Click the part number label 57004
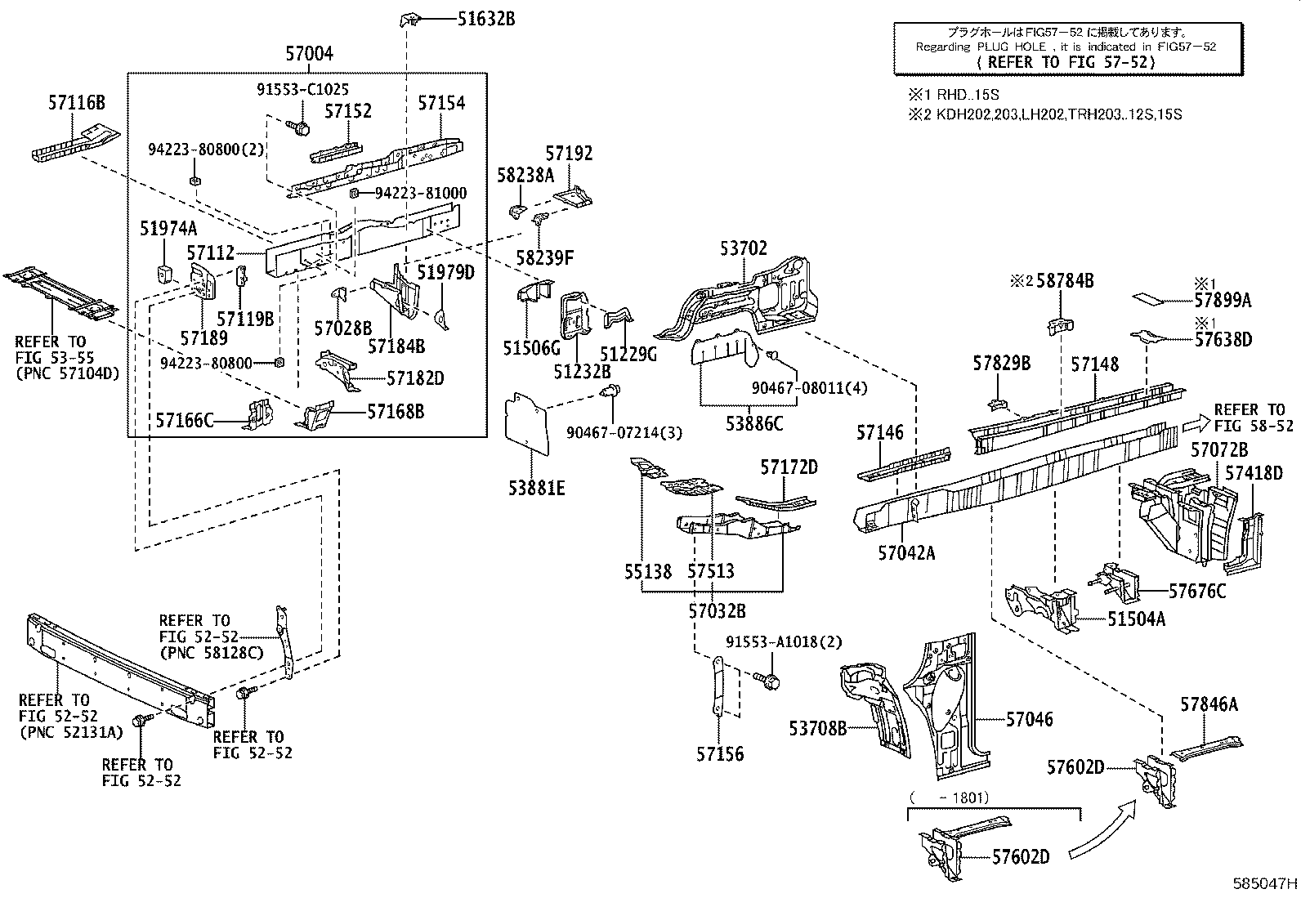(x=309, y=54)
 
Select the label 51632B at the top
(x=485, y=20)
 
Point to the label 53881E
(x=535, y=489)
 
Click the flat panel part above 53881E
(x=526, y=423)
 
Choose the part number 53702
(x=744, y=248)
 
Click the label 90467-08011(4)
(x=797, y=388)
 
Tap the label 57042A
(x=906, y=553)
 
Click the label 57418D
(x=1254, y=473)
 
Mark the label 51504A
(x=1136, y=619)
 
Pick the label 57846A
(x=1209, y=704)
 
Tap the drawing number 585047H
(x=1265, y=883)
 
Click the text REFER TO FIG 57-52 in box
(x=1066, y=62)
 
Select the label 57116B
(x=76, y=103)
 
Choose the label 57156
(x=720, y=753)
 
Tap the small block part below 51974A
(x=163, y=272)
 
